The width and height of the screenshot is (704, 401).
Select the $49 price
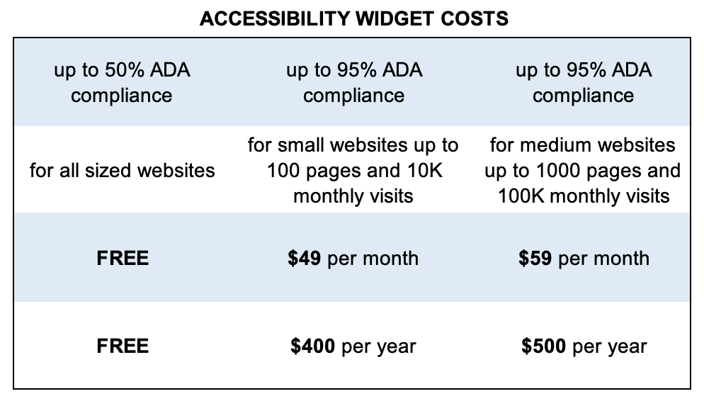click(304, 258)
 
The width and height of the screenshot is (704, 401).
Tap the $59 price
click(536, 258)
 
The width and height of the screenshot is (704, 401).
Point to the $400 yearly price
click(312, 346)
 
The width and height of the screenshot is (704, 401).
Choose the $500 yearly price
click(543, 346)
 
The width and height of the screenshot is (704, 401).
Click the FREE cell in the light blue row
click(123, 258)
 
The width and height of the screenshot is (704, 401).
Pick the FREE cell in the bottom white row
click(123, 346)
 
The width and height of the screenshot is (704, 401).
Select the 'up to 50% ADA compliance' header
click(122, 82)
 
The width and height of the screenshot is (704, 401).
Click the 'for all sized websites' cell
click(123, 170)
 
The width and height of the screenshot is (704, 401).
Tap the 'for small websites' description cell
click(353, 170)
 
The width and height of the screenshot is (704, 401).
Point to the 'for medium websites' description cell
click(582, 170)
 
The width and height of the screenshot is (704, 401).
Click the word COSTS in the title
click(480, 18)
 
